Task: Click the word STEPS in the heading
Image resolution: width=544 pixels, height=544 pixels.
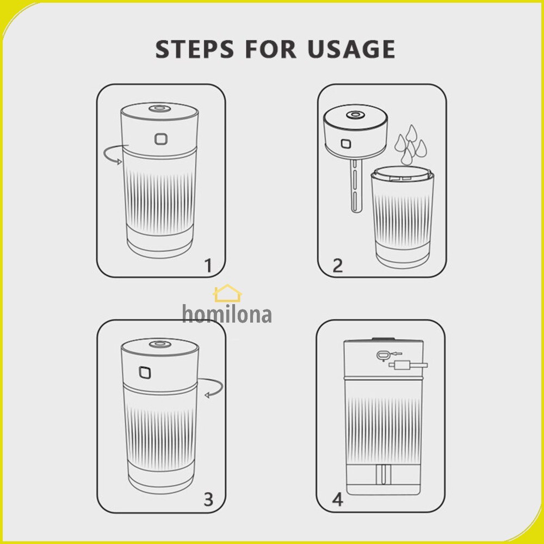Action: pyautogui.click(x=195, y=49)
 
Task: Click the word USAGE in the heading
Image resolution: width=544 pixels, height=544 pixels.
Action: pyautogui.click(x=351, y=49)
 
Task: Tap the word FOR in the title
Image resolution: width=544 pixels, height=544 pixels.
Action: pyautogui.click(x=270, y=49)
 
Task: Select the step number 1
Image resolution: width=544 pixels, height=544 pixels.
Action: pyautogui.click(x=208, y=266)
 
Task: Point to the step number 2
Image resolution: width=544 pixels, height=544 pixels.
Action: pyautogui.click(x=338, y=266)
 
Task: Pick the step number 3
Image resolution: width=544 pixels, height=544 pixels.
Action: pyautogui.click(x=208, y=499)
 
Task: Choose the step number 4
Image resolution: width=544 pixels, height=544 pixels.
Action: pyautogui.click(x=338, y=499)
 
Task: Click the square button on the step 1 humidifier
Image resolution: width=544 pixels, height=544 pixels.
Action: pyautogui.click(x=160, y=139)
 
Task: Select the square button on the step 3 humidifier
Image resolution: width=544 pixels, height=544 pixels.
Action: pyautogui.click(x=145, y=373)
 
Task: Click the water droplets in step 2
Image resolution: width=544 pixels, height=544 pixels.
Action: pyautogui.click(x=411, y=145)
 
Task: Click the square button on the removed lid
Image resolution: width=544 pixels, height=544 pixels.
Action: pyautogui.click(x=345, y=144)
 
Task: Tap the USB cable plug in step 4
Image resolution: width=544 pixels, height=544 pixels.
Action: pyautogui.click(x=408, y=365)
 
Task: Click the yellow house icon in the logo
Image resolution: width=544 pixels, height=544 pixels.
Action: pyautogui.click(x=227, y=293)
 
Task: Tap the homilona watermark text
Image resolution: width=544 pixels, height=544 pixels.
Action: pyautogui.click(x=227, y=314)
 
